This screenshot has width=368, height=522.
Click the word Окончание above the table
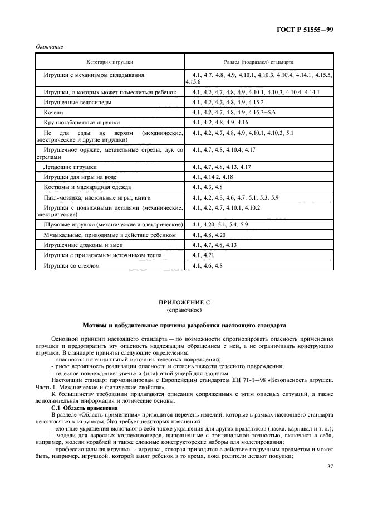(48, 47)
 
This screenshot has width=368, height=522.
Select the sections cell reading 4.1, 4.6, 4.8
(207, 266)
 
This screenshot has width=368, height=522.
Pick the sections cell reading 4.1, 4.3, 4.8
(207, 187)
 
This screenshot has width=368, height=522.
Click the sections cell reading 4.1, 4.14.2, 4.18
(213, 177)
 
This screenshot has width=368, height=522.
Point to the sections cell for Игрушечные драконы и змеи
(214, 245)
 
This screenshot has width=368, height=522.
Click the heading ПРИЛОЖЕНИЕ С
(184, 302)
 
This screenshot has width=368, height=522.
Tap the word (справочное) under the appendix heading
(184, 309)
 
